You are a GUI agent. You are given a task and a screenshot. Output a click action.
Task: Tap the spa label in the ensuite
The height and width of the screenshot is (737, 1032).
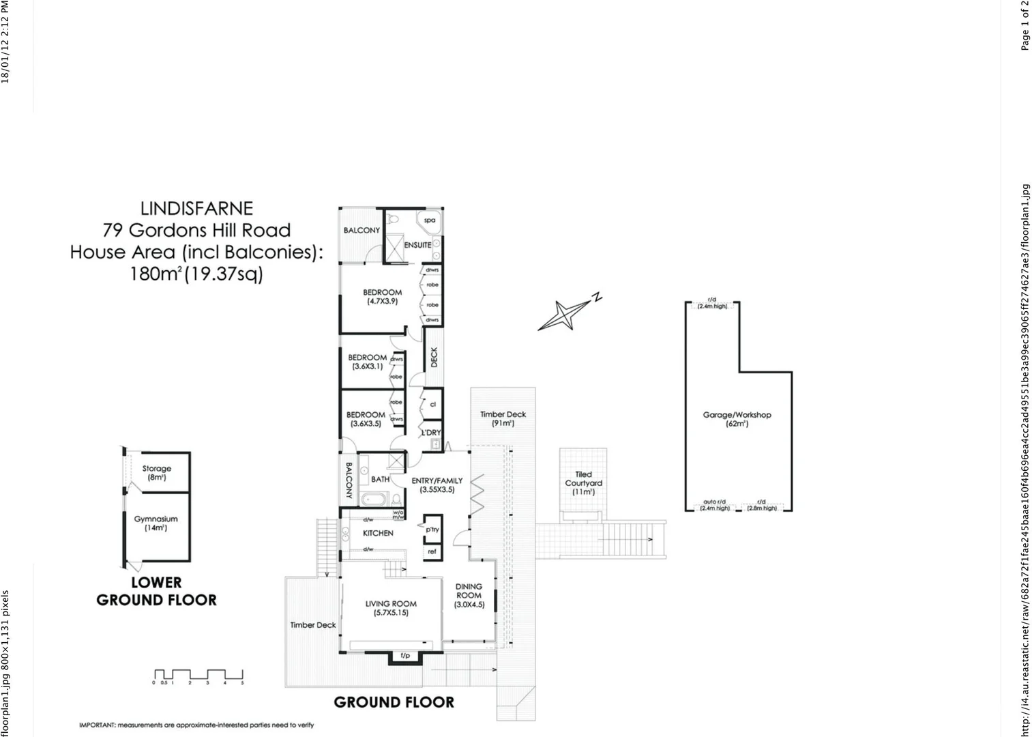point(430,220)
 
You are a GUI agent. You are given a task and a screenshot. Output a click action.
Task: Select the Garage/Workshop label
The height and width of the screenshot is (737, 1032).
point(737,419)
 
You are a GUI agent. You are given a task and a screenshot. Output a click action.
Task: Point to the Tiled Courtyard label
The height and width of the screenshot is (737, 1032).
point(583,482)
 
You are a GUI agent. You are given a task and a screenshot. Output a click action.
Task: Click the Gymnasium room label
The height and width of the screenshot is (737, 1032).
point(156,523)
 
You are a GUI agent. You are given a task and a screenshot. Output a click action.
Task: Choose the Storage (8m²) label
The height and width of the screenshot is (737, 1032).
point(156,473)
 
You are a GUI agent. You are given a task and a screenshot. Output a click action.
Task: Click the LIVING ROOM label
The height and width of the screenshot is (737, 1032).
point(391,608)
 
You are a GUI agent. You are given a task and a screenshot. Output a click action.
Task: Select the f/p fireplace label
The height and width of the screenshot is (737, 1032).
point(405,656)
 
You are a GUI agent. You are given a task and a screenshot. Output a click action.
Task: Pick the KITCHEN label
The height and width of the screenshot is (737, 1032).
point(378,533)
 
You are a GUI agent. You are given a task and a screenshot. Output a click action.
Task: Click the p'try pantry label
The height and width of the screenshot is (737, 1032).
point(432,529)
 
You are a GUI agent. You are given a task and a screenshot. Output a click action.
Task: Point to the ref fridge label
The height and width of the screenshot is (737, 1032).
point(432,551)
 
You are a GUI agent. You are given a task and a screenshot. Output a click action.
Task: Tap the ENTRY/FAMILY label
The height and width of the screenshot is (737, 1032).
point(437,485)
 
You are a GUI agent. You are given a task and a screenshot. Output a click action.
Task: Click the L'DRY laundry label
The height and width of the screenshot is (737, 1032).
point(430,433)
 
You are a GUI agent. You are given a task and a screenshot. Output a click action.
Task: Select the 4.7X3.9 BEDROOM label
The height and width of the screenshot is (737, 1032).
point(382,296)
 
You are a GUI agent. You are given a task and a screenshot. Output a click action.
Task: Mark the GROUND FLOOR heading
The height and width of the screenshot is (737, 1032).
point(394,702)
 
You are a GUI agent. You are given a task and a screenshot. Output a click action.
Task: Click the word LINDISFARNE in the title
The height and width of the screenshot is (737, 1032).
point(196,208)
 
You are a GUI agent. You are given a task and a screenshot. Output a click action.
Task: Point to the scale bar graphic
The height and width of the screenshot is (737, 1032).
point(198,675)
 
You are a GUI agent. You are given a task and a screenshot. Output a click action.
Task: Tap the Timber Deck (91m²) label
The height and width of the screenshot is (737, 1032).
point(503,418)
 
